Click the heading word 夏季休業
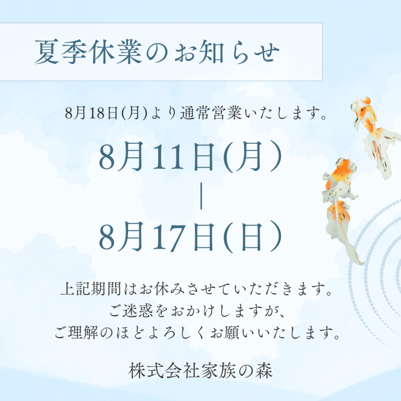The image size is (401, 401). coord(88,52)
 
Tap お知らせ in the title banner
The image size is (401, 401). coord(227,52)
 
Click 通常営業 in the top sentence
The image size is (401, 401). coord(211,113)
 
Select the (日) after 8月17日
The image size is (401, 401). coord(253,237)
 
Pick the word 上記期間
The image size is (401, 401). coord(90,289)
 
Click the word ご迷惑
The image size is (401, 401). coord(131,311)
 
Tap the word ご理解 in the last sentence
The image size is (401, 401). coord(76,333)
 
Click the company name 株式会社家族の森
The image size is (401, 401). coord(200,371)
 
